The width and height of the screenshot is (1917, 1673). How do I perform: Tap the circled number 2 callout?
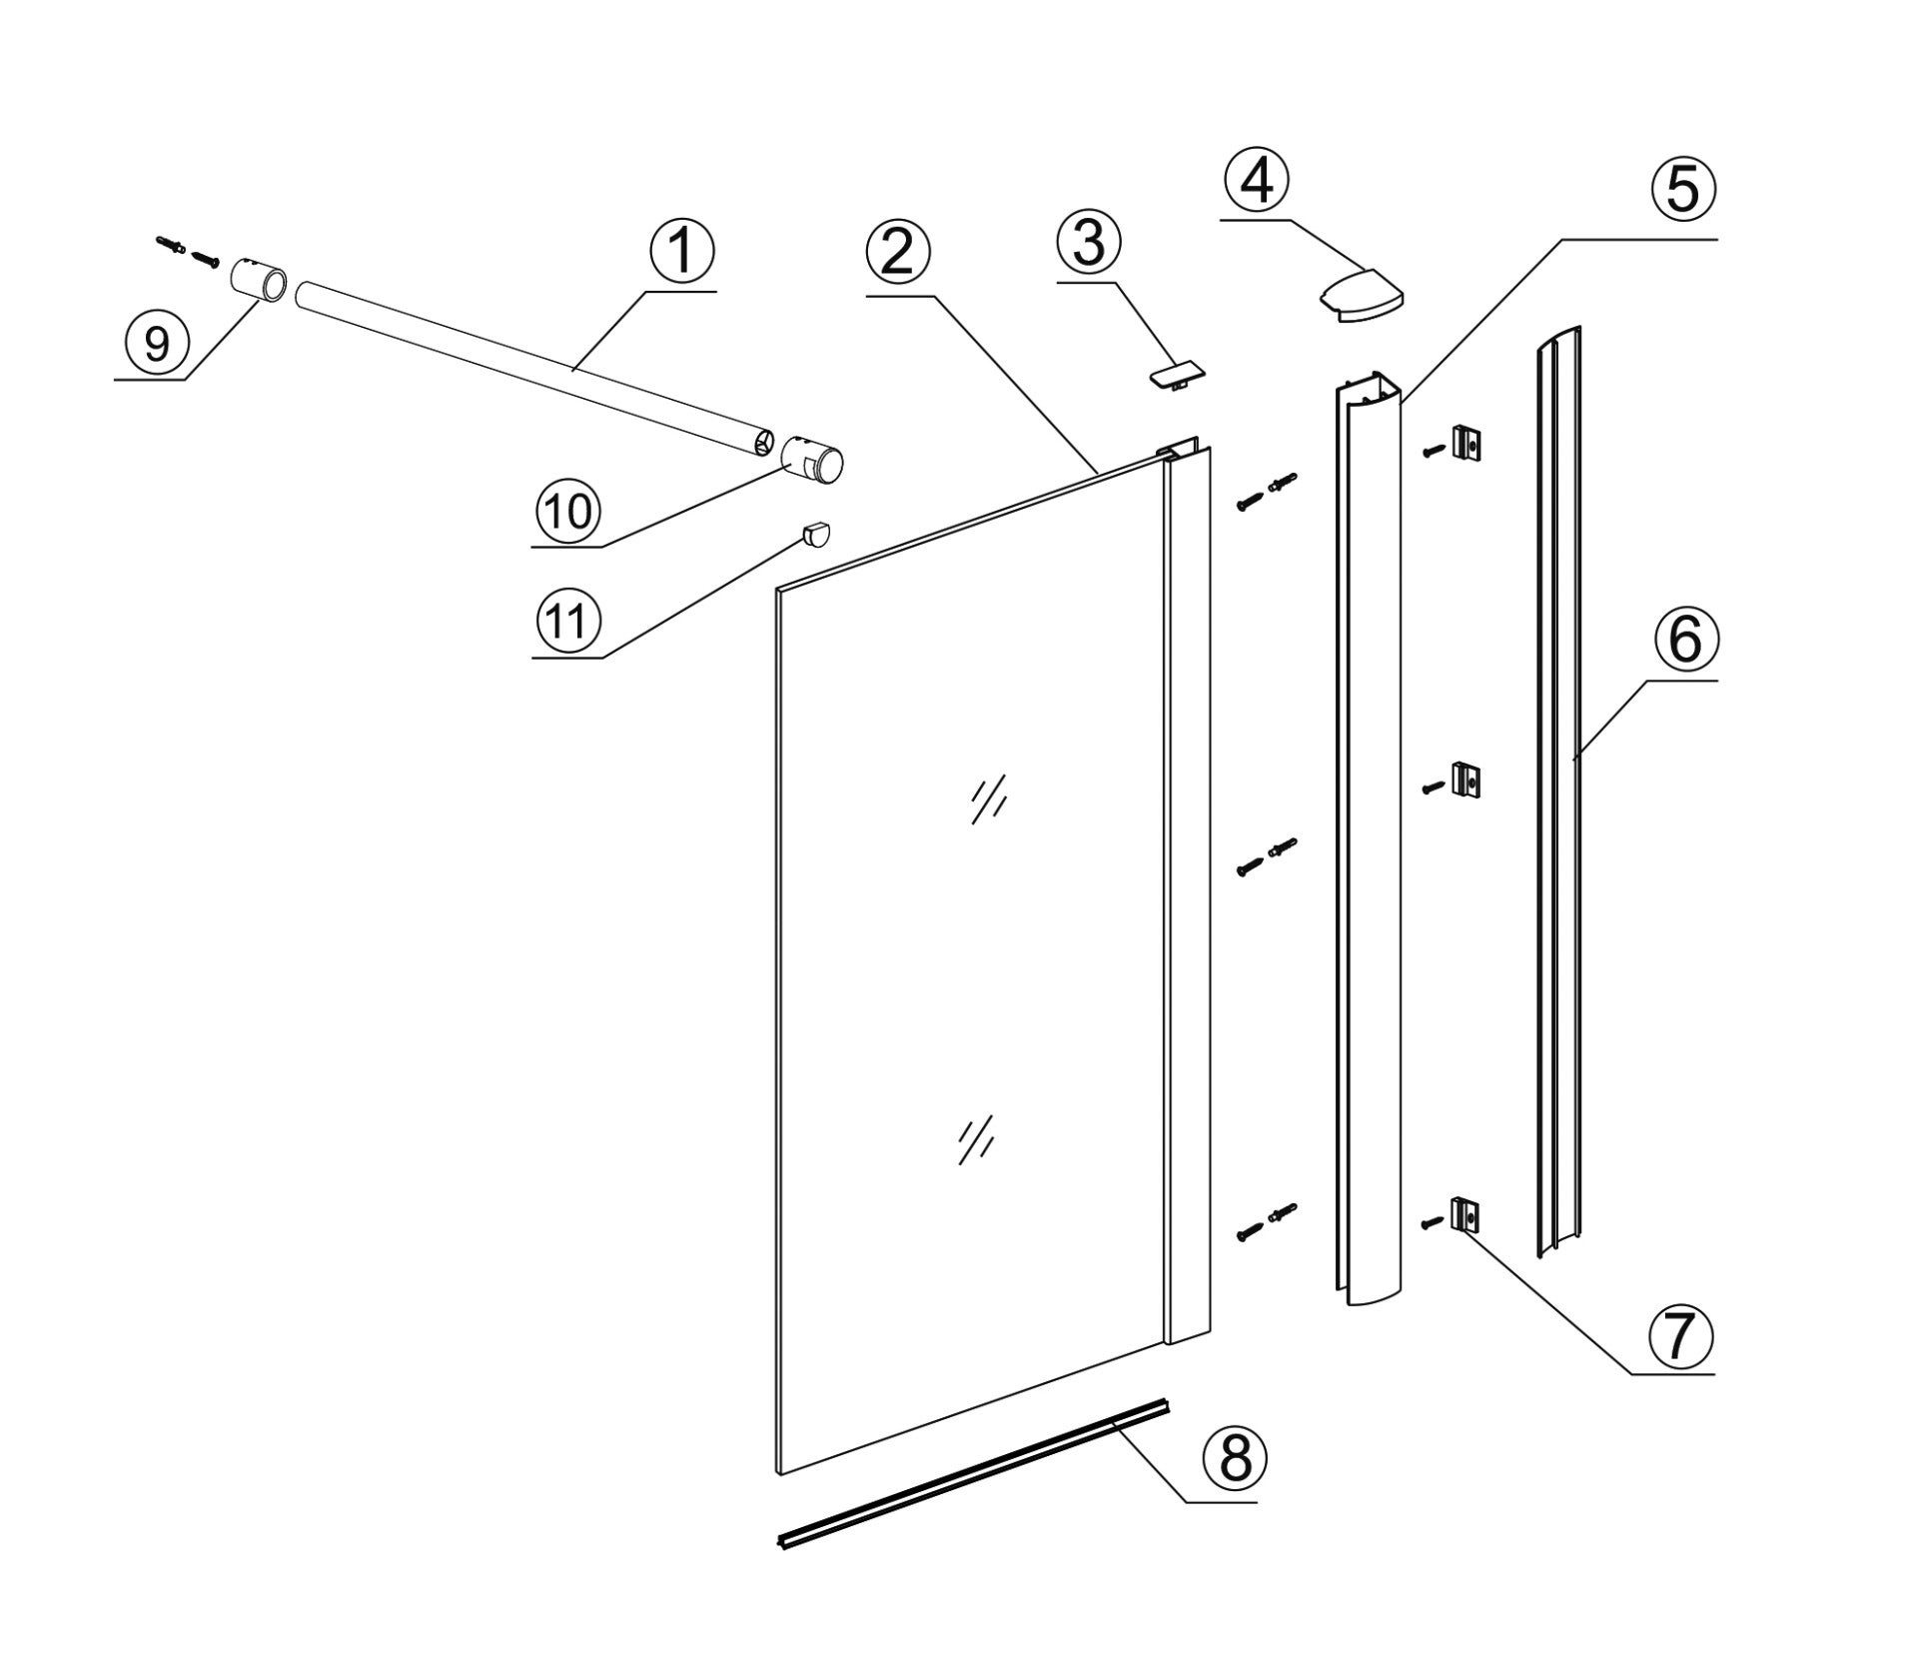point(898,254)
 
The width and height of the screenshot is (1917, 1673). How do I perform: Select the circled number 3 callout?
point(1089,243)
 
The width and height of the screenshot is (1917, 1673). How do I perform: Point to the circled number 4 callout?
point(1257,181)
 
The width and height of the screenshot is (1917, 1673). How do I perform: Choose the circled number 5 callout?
point(1683,189)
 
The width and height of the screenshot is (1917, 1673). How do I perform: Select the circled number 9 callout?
point(157,343)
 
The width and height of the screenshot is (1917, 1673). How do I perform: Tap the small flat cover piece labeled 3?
point(1175,378)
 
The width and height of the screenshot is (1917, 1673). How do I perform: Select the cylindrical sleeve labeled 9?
point(260,279)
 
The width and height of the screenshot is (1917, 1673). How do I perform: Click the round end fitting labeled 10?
point(813,461)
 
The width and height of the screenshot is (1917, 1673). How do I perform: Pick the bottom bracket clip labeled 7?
point(1464,1215)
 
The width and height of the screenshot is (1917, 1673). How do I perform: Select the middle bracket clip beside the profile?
point(1464,780)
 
